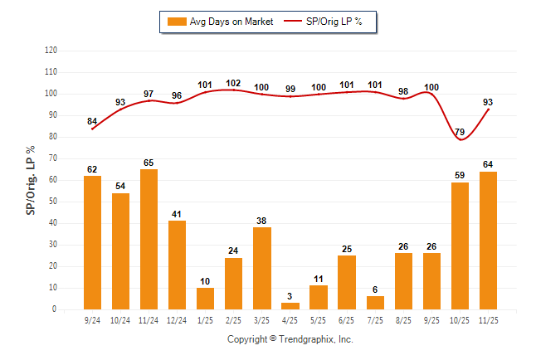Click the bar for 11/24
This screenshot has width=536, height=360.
[149, 239]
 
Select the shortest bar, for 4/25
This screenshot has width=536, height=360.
[290, 306]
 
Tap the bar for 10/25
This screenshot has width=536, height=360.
[460, 246]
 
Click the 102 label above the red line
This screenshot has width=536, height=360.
[233, 83]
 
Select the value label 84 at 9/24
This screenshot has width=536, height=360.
[92, 122]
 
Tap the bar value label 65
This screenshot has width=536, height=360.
[149, 163]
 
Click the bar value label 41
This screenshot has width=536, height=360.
[178, 214]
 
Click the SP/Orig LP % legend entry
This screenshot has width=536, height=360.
[328, 22]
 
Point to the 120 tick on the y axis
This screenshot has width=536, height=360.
[51, 51]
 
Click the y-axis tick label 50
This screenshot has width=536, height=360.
[53, 202]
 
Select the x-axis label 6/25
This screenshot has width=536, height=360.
[347, 319]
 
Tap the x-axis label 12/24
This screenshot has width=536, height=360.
[178, 319]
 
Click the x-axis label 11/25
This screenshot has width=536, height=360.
[488, 319]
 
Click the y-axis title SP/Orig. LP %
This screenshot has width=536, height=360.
[31, 179]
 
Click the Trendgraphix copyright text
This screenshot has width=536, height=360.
[290, 339]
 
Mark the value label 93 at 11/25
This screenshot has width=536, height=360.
[489, 102]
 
